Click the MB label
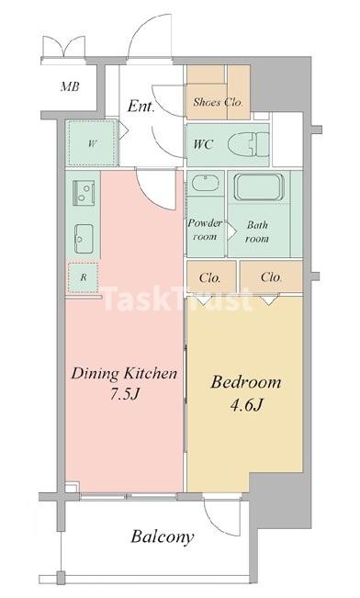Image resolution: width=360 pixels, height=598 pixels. (x=70, y=86)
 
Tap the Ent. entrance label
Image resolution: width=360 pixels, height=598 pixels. (x=141, y=106)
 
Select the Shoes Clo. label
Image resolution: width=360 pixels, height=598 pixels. (x=218, y=102)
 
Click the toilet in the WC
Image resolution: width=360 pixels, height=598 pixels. (x=248, y=144)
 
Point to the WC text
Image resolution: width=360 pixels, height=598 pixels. (x=202, y=144)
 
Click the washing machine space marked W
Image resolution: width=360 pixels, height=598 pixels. (x=92, y=143)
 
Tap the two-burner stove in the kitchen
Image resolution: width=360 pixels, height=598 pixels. (x=84, y=193)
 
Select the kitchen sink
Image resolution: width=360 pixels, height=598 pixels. (x=84, y=239)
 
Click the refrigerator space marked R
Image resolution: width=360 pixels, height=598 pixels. (x=84, y=277)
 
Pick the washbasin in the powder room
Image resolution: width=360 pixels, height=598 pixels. (x=205, y=183)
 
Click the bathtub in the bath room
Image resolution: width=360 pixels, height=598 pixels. (x=259, y=187)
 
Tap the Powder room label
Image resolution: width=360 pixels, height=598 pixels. (x=205, y=230)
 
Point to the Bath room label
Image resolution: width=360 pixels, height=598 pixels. (x=257, y=231)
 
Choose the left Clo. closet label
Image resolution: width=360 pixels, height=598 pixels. (x=209, y=278)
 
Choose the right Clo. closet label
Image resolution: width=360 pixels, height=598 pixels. (x=272, y=277)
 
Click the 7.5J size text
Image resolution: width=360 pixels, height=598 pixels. (x=124, y=394)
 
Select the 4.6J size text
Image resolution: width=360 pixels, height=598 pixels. (x=246, y=405)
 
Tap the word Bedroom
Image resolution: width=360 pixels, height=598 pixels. (x=246, y=382)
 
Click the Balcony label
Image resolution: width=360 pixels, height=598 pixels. (x=163, y=537)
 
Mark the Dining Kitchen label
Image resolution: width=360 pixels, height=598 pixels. (x=124, y=373)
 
